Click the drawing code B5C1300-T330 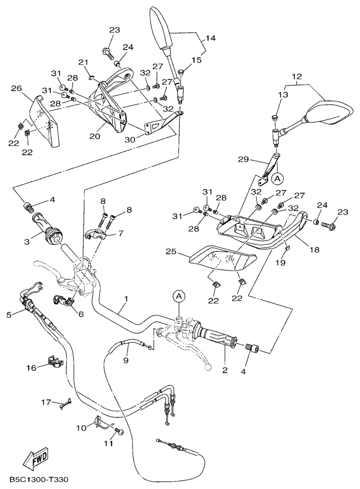38,480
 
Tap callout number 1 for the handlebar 126,299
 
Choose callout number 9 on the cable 126,360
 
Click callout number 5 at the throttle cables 9,314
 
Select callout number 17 46,402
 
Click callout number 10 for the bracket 80,427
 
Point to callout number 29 244,160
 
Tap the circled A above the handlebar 178,296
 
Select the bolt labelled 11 120,432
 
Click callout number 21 83,62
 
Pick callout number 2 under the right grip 224,370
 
